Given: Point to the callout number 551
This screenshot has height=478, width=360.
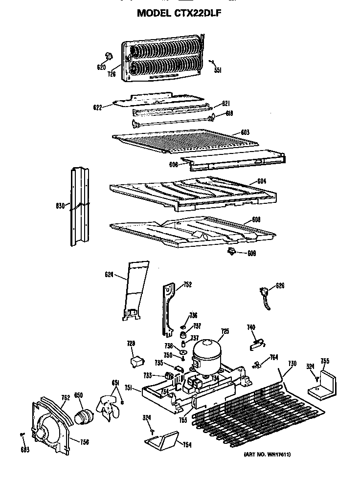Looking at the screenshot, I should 218,70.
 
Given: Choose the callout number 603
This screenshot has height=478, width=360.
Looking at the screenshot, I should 245,132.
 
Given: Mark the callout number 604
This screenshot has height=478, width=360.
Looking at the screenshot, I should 261,181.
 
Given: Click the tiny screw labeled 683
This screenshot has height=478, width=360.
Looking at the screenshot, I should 23,434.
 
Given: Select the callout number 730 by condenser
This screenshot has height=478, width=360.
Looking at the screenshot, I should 292,363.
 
